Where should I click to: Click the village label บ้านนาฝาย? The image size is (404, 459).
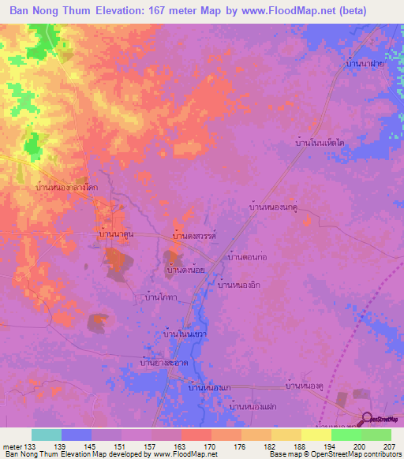point(365,64)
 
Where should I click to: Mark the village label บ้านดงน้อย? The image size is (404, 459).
point(186,270)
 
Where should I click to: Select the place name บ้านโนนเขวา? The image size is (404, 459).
point(184,334)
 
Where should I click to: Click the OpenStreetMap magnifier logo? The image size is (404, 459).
point(367,419)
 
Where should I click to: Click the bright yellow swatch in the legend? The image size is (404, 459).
point(316,435)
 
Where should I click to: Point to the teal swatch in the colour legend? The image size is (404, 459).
point(47,435)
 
